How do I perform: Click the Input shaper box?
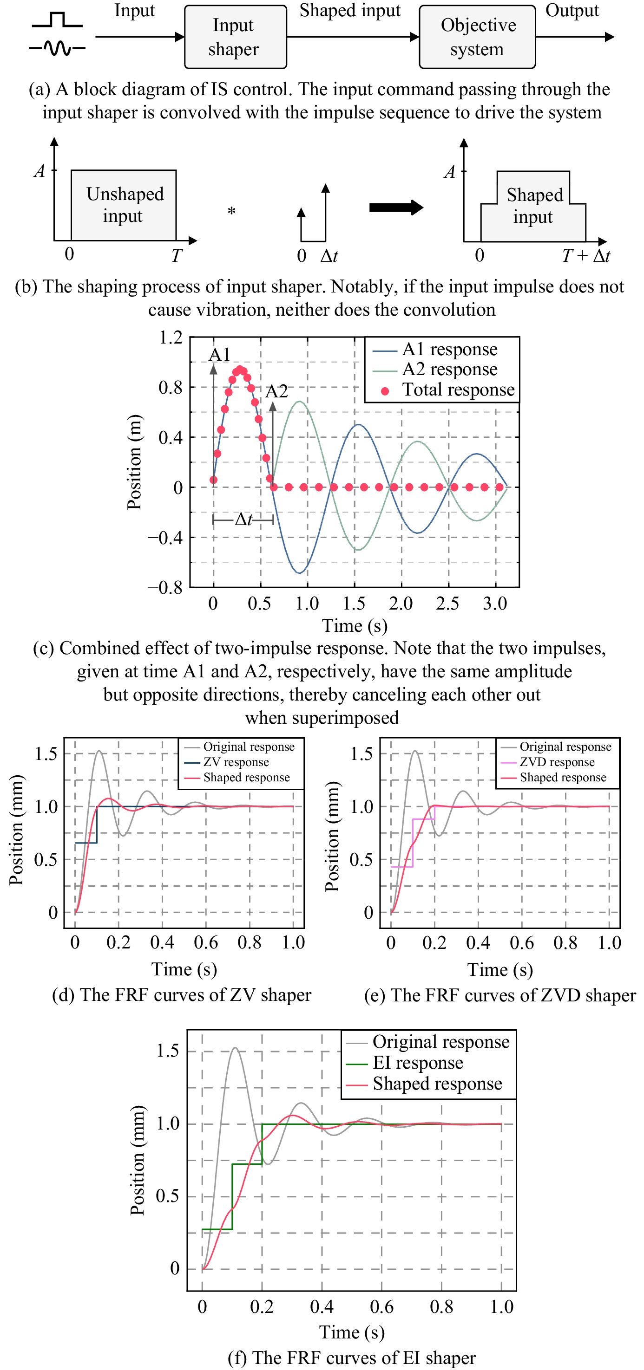(235, 37)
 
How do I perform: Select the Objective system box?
(477, 37)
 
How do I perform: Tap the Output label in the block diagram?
(572, 11)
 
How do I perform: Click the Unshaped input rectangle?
(124, 205)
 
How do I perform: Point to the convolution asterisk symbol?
(231, 212)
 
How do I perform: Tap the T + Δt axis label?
(586, 256)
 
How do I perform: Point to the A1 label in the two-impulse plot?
(219, 354)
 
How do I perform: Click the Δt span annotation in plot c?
(243, 519)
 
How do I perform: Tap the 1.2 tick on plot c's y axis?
(171, 338)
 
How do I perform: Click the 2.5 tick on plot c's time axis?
(447, 603)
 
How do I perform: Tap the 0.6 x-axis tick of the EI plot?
(381, 1307)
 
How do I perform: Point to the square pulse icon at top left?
(57, 21)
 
